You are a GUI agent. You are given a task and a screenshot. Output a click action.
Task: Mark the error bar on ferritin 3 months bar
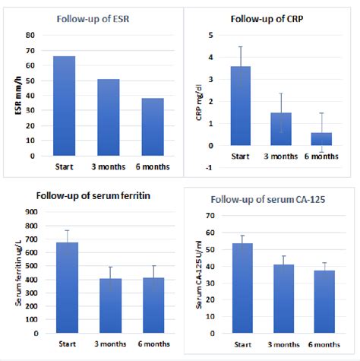coord(112,268)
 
